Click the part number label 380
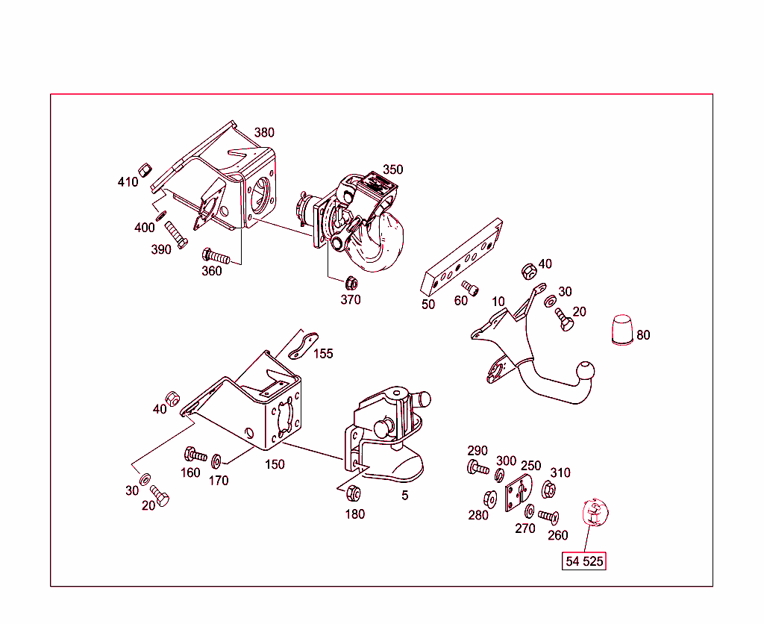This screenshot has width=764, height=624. pyautogui.click(x=264, y=133)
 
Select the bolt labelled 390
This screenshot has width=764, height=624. pyautogui.click(x=175, y=234)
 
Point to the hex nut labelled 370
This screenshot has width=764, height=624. pyautogui.click(x=349, y=283)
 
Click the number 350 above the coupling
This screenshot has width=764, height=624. pyautogui.click(x=392, y=169)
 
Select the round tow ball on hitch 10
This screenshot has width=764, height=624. pyautogui.click(x=586, y=371)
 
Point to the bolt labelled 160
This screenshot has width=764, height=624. pyautogui.click(x=195, y=455)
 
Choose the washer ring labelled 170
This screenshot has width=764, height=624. pyautogui.click(x=217, y=459)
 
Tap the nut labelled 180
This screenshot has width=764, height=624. pyautogui.click(x=355, y=493)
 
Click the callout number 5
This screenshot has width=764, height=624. pyautogui.click(x=404, y=495)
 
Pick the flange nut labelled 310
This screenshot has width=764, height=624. pyautogui.click(x=548, y=490)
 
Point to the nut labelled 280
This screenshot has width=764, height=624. pyautogui.click(x=491, y=497)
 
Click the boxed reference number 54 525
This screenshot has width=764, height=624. pyautogui.click(x=583, y=561)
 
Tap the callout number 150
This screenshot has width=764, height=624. pyautogui.click(x=275, y=464)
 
